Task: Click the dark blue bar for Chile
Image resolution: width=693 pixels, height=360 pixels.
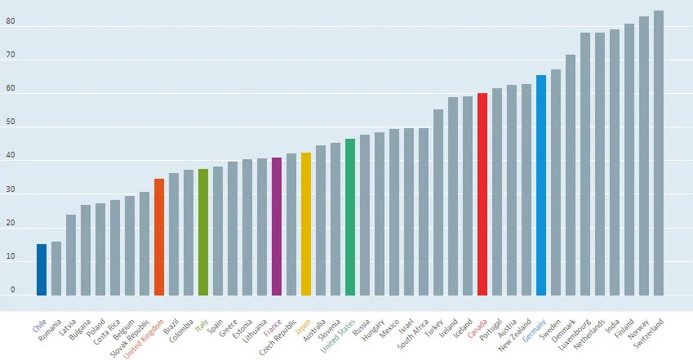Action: [x=42, y=269]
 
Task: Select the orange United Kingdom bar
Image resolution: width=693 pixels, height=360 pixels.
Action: [x=159, y=237]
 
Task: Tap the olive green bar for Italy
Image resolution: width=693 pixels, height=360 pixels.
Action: [x=203, y=232]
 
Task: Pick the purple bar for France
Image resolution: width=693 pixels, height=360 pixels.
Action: [x=277, y=226]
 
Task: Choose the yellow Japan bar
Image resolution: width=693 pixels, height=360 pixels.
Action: [x=306, y=224]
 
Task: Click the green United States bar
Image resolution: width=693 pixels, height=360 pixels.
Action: [x=350, y=217]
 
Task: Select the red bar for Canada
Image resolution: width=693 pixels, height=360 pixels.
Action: [x=482, y=194]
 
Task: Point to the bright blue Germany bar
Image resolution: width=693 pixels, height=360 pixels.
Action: [x=541, y=185]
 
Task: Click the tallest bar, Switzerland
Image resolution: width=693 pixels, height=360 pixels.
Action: [x=659, y=153]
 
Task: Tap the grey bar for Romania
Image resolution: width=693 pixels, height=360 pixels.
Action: [x=56, y=269]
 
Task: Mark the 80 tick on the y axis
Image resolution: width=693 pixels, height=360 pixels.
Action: [x=10, y=21]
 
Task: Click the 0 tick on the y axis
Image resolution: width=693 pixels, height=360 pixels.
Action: [x=12, y=290]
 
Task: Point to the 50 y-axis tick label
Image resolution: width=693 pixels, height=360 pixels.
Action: [x=10, y=122]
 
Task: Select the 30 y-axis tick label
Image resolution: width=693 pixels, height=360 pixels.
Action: [x=10, y=189]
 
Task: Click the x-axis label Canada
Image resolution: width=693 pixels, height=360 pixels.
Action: [x=478, y=329]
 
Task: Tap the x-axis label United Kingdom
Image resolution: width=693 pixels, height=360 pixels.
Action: [x=144, y=339]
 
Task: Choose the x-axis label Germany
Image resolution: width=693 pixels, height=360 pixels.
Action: [x=535, y=331]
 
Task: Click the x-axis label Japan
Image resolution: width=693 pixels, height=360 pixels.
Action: [x=303, y=327]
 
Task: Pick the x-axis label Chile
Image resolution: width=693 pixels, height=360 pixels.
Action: [x=39, y=327]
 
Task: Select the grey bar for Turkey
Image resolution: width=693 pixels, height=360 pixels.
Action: [x=438, y=202]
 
